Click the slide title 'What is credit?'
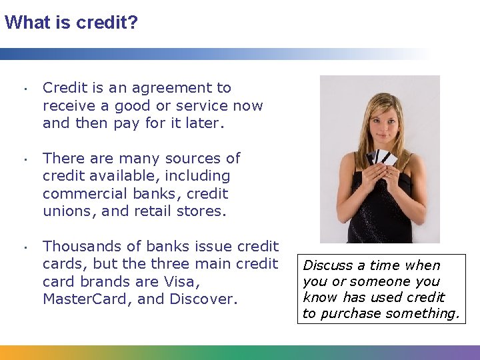pos(71,23)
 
